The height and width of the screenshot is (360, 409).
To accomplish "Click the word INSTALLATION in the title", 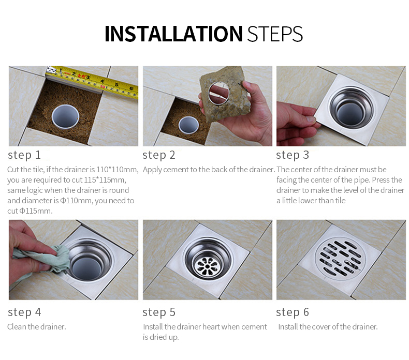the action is click(173, 34).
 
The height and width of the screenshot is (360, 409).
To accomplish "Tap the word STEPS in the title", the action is click(275, 34).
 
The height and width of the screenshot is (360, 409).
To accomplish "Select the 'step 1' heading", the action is click(24, 155).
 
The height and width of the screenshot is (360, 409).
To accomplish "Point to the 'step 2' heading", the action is click(158, 155).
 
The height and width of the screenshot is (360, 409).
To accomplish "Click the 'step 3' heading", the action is click(293, 155).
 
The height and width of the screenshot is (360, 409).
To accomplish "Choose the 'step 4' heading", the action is click(24, 312).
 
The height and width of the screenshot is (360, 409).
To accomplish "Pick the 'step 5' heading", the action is click(158, 312).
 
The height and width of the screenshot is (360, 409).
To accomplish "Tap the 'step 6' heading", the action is click(293, 312).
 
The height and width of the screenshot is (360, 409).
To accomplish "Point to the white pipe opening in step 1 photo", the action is click(65, 117).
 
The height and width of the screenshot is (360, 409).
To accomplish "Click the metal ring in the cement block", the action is click(218, 93).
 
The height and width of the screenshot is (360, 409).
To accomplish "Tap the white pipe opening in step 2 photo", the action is click(188, 125).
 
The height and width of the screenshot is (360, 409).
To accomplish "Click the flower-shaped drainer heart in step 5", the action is click(207, 266).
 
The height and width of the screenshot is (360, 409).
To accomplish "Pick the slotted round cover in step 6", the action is click(340, 259).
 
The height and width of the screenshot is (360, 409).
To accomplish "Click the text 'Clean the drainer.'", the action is click(37, 326).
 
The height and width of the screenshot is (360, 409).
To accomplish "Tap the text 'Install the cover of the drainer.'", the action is click(328, 326).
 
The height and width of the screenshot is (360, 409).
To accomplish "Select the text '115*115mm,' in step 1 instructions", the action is click(105, 180).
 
